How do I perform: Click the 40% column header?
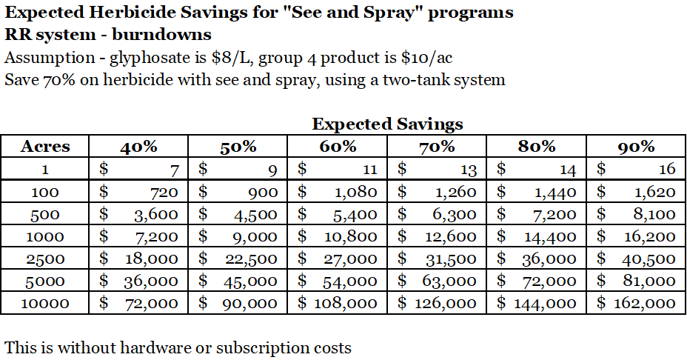point(138,146)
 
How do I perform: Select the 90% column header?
point(636,146)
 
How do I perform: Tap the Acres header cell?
point(45,146)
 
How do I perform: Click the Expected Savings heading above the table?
point(387,124)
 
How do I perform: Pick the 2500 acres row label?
point(45,259)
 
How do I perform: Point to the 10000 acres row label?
point(45,303)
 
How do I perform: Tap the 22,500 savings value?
point(250,259)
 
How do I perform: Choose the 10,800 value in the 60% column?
point(350,237)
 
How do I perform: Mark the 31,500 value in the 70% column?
point(449,259)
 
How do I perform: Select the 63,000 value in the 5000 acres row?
point(449,281)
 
